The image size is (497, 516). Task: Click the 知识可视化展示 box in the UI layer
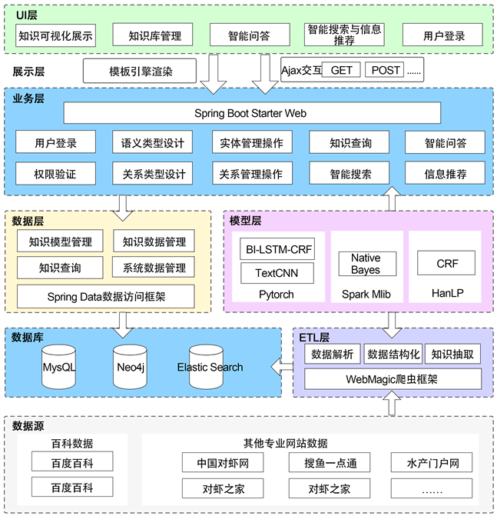(x=55, y=35)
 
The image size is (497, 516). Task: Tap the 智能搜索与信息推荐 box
(x=345, y=35)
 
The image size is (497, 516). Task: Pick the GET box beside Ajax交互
(x=340, y=70)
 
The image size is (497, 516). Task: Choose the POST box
(x=384, y=70)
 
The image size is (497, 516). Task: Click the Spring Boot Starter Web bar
(x=250, y=113)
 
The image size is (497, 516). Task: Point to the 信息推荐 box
(x=445, y=174)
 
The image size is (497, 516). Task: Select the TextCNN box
(x=276, y=273)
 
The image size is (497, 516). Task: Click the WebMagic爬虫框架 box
(x=393, y=379)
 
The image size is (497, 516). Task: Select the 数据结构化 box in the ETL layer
(x=393, y=354)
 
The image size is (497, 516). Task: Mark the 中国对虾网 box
(x=223, y=463)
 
